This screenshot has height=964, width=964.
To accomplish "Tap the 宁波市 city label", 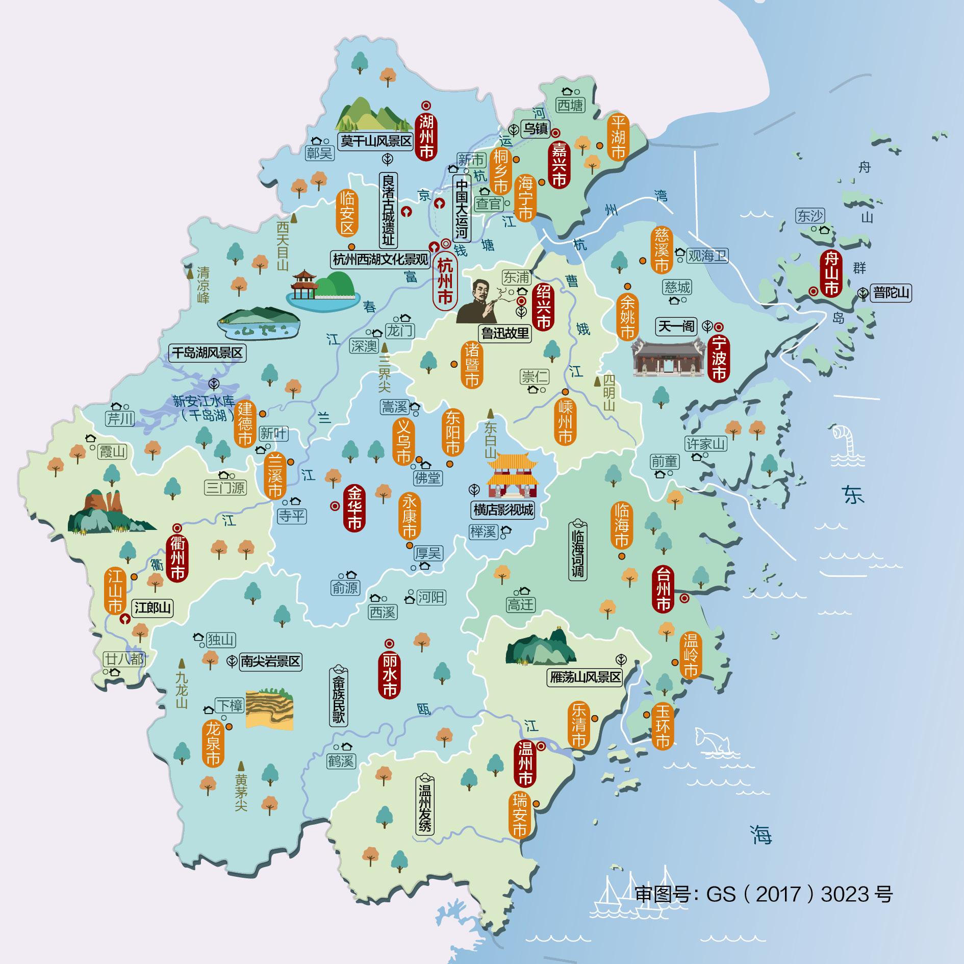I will click(x=718, y=358).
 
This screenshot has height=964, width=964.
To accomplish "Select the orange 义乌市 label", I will click(x=403, y=442).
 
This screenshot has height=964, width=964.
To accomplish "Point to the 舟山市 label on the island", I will click(x=831, y=273).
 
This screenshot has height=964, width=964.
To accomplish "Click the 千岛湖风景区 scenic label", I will click(x=207, y=353).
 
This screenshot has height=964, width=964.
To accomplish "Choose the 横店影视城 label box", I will click(x=502, y=510).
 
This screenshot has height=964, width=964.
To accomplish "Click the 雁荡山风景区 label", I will click(x=585, y=677).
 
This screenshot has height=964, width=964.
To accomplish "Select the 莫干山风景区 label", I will click(x=376, y=141).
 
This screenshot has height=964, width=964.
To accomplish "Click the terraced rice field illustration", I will click(x=270, y=708).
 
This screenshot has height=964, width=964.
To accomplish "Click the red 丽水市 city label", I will click(x=389, y=676).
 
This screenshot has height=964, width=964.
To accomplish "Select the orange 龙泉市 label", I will click(x=213, y=743).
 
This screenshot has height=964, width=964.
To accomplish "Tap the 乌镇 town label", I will click(x=536, y=129).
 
